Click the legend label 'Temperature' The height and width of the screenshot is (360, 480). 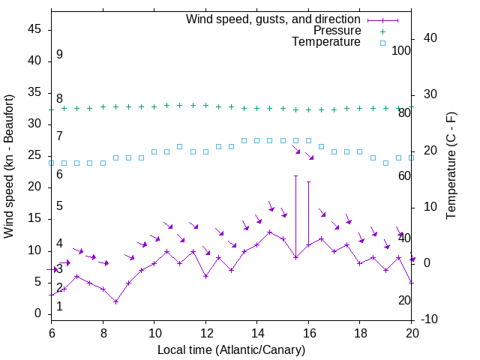[326, 42]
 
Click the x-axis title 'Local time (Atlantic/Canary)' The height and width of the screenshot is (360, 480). [232, 349]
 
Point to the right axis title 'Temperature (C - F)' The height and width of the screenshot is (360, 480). [451, 166]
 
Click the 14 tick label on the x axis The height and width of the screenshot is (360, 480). [257, 331]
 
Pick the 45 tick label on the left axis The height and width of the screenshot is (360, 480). [34, 29]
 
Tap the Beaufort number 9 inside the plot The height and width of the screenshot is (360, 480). [59, 55]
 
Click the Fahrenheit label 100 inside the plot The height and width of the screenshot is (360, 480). [401, 50]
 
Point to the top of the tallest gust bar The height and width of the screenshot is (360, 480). [295, 176]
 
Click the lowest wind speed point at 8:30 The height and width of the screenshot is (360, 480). [115, 301]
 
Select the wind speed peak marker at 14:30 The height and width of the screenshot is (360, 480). [270, 232]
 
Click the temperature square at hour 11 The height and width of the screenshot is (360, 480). [180, 146]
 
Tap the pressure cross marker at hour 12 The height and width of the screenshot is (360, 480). [205, 106]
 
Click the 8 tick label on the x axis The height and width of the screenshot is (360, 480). [103, 331]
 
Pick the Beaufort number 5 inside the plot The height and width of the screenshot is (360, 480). [59, 206]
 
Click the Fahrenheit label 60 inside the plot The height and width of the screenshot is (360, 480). [404, 175]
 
